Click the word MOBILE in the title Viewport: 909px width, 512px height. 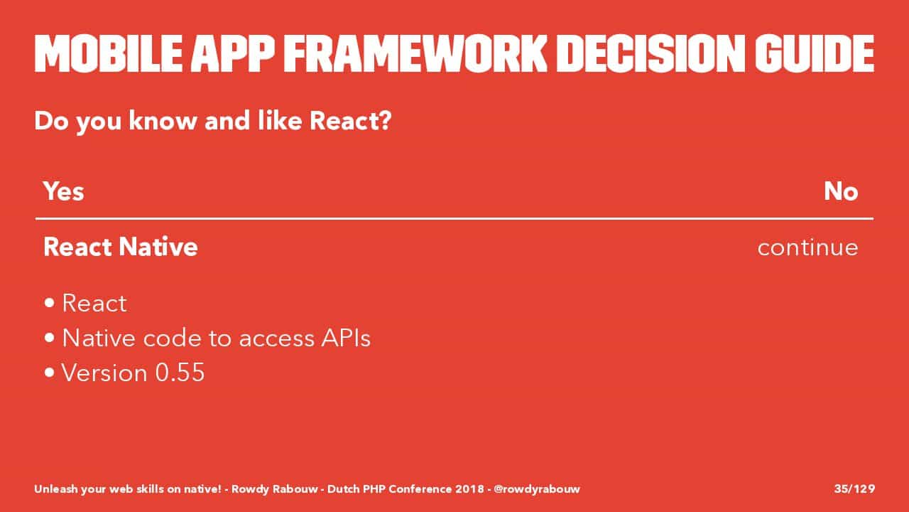point(108,53)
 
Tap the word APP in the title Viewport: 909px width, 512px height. point(233,53)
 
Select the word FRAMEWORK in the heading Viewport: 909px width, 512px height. point(415,53)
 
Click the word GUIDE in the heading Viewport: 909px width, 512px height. point(815,53)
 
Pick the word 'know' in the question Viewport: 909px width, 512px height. point(163,121)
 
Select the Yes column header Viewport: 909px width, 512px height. point(64,191)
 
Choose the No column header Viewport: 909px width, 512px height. point(841,191)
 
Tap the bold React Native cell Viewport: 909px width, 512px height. point(121,247)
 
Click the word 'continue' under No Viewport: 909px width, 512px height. point(808,247)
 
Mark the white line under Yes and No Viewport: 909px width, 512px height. point(454,218)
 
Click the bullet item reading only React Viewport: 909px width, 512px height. point(94,303)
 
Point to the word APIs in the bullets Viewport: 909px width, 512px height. point(346,338)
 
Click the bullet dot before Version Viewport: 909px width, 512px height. point(50,372)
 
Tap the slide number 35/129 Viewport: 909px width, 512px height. point(854,489)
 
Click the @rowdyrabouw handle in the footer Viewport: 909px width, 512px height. point(537,489)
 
